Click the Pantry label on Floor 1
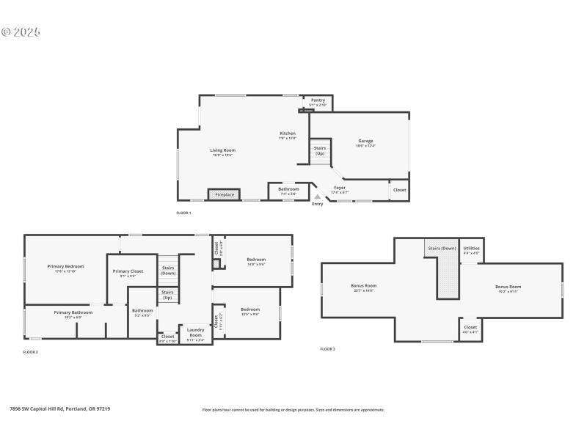[318, 100]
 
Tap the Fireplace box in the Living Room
[225, 194]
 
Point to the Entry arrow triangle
[317, 197]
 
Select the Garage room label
[365, 141]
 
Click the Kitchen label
[287, 133]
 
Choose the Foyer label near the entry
[340, 188]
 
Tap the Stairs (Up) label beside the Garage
[320, 150]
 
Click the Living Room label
[223, 150]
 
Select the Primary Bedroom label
[65, 266]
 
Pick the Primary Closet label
[128, 271]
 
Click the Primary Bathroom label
[73, 312]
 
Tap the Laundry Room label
[195, 331]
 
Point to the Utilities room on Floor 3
[471, 249]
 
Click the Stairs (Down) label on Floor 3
[442, 248]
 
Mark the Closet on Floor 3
[470, 328]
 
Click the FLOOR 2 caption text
[30, 353]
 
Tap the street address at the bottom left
[59, 409]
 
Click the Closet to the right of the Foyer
[399, 190]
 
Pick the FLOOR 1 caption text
[183, 213]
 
